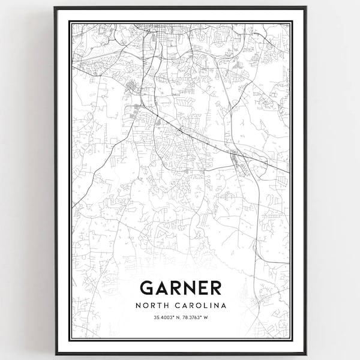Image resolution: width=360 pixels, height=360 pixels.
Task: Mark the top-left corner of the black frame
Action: pyautogui.click(x=55, y=7)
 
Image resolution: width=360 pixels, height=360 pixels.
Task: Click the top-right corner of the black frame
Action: pyautogui.click(x=306, y=7)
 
